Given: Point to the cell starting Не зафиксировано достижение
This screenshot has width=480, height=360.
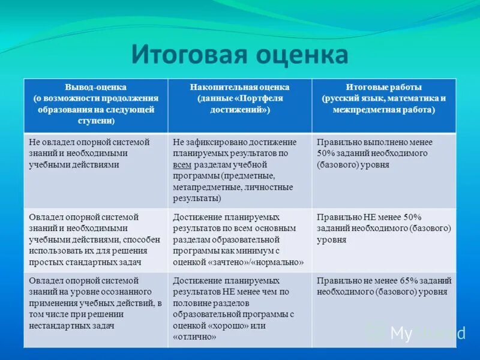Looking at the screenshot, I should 240,169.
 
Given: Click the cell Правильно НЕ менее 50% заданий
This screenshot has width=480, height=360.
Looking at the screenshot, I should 383,228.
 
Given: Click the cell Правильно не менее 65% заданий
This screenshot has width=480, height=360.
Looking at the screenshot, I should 383,286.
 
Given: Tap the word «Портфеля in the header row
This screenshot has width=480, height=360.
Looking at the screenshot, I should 261,98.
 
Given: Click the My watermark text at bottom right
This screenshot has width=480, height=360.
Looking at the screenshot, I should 401,333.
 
